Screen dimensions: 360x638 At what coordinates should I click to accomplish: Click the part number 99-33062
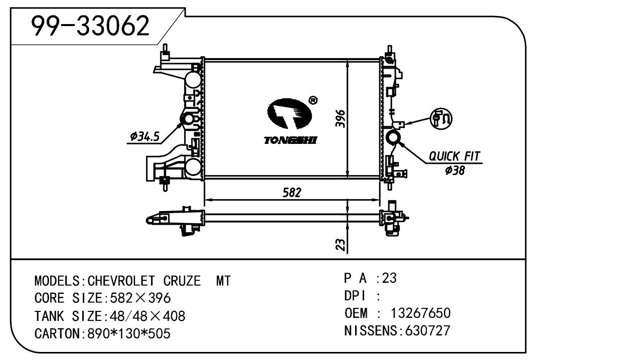91,26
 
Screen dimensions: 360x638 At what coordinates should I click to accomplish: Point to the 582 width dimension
291,193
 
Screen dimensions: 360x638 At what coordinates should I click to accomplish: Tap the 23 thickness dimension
341,244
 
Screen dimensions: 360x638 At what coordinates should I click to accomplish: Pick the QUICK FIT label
454,156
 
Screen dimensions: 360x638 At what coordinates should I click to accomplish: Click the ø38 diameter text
454,170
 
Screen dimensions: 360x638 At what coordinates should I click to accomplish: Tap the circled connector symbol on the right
441,118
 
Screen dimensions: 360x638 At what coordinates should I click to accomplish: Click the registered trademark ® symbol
312,101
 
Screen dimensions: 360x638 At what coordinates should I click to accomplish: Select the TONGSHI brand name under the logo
290,140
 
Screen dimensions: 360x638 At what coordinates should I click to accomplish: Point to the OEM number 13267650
420,313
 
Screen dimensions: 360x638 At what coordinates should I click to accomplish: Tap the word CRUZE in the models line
182,281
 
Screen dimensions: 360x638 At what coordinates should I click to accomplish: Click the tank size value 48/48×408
144,316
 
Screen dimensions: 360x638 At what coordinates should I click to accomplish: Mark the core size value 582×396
137,298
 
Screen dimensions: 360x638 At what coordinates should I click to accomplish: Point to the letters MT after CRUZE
223,281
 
